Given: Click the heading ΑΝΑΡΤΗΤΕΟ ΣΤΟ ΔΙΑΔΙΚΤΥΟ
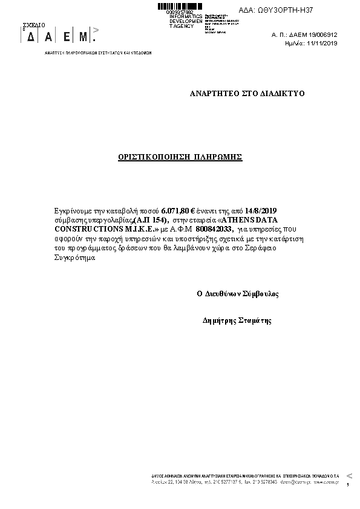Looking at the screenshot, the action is (247, 94).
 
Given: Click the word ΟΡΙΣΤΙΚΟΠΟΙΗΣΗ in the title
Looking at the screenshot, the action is (154, 157).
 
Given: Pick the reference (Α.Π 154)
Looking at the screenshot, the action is (149, 219).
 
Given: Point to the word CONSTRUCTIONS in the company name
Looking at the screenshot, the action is (83, 229).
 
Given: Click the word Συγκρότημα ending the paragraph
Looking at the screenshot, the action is (75, 258).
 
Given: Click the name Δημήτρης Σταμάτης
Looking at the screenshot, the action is (237, 321).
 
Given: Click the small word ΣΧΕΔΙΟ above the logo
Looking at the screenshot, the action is (34, 25).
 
